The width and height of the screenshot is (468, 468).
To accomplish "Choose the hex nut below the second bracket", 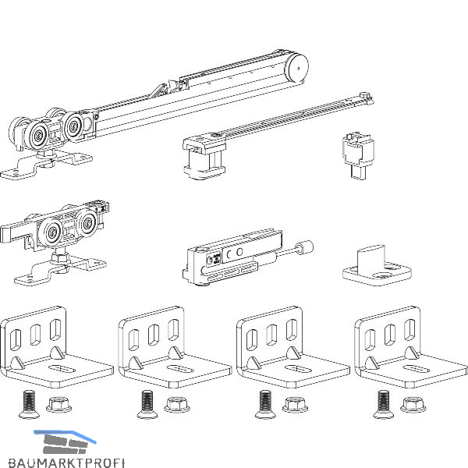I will tap(175, 405).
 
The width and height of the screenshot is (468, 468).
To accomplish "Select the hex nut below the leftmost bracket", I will tap(56, 405).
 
